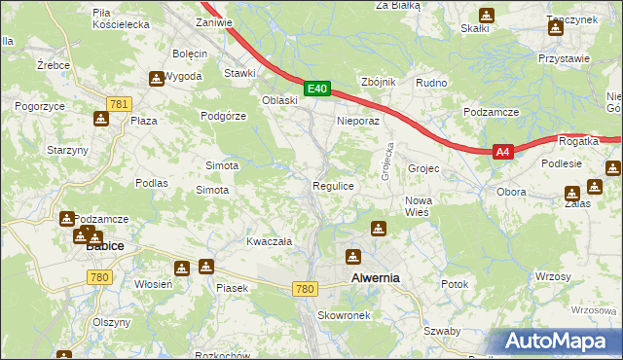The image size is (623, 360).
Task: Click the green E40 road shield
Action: coord(317,89)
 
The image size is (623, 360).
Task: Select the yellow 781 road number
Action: coord(120,104)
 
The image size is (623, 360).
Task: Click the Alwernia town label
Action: coord(375,278)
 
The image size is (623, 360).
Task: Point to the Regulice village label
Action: coord(332,185)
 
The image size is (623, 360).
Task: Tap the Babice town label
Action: coord(104,246)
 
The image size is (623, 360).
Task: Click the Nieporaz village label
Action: coord(356,122)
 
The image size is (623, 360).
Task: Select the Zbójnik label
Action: coord(378,82)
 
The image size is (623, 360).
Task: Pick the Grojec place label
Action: coord(423,168)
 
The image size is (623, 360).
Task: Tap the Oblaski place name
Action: coord(279,100)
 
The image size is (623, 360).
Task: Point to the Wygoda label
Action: coord(183,76)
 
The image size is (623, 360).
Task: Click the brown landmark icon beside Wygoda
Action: coord(156,79)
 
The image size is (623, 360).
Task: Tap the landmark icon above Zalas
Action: coord(571,191)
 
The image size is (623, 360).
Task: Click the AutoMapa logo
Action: coord(554,341)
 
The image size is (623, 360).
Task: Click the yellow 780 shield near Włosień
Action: coord(98,277)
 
